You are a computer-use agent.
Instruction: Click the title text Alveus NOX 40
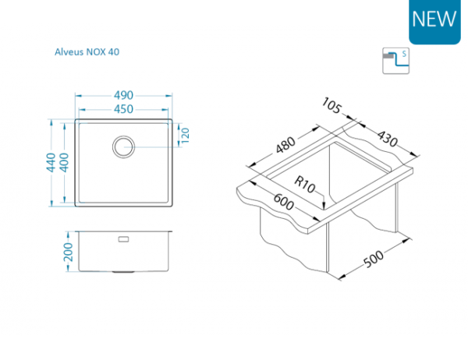tap(86, 52)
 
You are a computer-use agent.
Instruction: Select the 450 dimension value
tap(124, 108)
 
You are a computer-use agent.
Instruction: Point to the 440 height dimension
tap(50, 161)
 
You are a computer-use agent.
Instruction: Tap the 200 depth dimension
tap(68, 252)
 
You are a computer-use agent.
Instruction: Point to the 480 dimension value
tap(285, 146)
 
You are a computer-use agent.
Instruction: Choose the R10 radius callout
tap(306, 185)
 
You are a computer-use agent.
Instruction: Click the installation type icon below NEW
tap(395, 60)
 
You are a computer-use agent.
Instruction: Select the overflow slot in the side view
tap(124, 238)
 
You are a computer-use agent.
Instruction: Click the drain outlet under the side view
tap(124, 272)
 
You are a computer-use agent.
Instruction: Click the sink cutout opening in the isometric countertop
tap(343, 175)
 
